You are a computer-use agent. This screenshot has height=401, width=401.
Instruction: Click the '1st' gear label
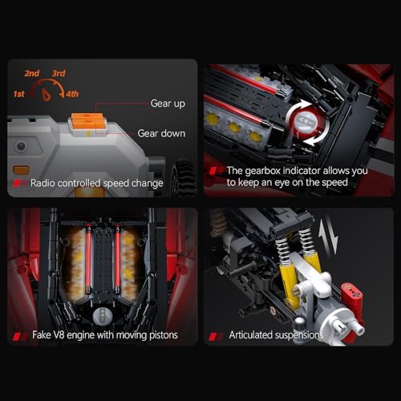18,94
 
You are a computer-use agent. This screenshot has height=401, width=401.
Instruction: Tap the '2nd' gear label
32,73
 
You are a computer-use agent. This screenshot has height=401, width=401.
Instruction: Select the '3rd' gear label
59,73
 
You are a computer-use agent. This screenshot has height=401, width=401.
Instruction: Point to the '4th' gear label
72,94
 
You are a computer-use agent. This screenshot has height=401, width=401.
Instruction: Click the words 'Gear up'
168,103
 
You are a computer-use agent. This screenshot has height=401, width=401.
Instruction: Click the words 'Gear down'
161,133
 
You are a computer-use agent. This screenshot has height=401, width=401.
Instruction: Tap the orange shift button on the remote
87,120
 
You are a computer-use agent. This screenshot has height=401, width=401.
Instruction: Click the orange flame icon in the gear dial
47,95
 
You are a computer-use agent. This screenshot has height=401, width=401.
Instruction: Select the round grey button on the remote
21,146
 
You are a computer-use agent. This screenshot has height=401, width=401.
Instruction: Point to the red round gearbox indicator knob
307,122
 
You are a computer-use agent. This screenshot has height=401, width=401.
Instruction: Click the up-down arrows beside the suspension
328,238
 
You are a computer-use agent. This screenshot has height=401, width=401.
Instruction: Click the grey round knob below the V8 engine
102,316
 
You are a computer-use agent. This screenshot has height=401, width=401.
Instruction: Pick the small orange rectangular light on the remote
21,170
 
